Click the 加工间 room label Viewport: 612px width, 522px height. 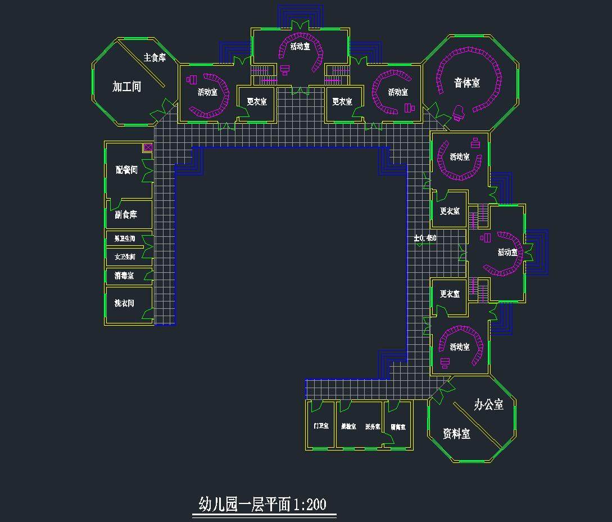tap(126, 87)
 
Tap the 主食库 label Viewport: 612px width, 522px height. tap(155, 57)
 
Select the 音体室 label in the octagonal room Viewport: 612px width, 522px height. tap(467, 83)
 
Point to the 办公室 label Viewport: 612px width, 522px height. tap(488, 404)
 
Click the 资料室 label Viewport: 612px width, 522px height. tap(456, 434)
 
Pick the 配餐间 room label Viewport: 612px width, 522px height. tap(126, 170)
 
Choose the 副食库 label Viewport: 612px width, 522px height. tap(126, 215)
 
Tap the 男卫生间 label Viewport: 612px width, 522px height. tap(125, 239)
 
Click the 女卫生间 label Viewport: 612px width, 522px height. tap(125, 256)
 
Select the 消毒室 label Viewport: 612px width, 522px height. tap(124, 276)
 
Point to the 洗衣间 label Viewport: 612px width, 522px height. tap(124, 303)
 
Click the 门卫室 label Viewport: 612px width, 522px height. tap(321, 426)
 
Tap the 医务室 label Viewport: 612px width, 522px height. tap(373, 427)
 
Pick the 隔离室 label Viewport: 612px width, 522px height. tap(398, 427)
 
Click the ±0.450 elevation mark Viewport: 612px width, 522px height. tap(425, 238)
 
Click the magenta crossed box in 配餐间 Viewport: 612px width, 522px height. tap(148, 147)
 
